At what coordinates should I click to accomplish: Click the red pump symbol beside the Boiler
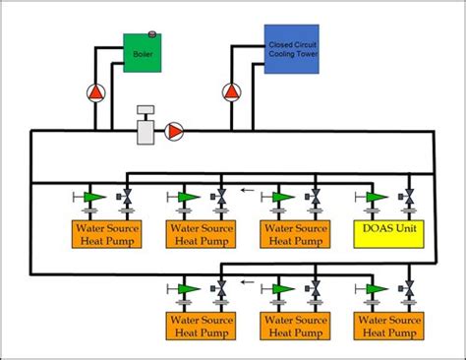tap(95, 93)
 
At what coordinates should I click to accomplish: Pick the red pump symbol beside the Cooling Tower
tap(231, 93)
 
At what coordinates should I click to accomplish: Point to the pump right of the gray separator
tap(174, 131)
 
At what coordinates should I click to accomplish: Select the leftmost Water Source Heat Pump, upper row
tap(104, 233)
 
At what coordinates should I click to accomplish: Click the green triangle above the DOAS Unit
tap(374, 197)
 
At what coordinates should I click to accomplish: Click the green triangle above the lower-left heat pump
tap(187, 288)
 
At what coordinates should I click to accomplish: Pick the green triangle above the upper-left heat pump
tap(93, 197)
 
